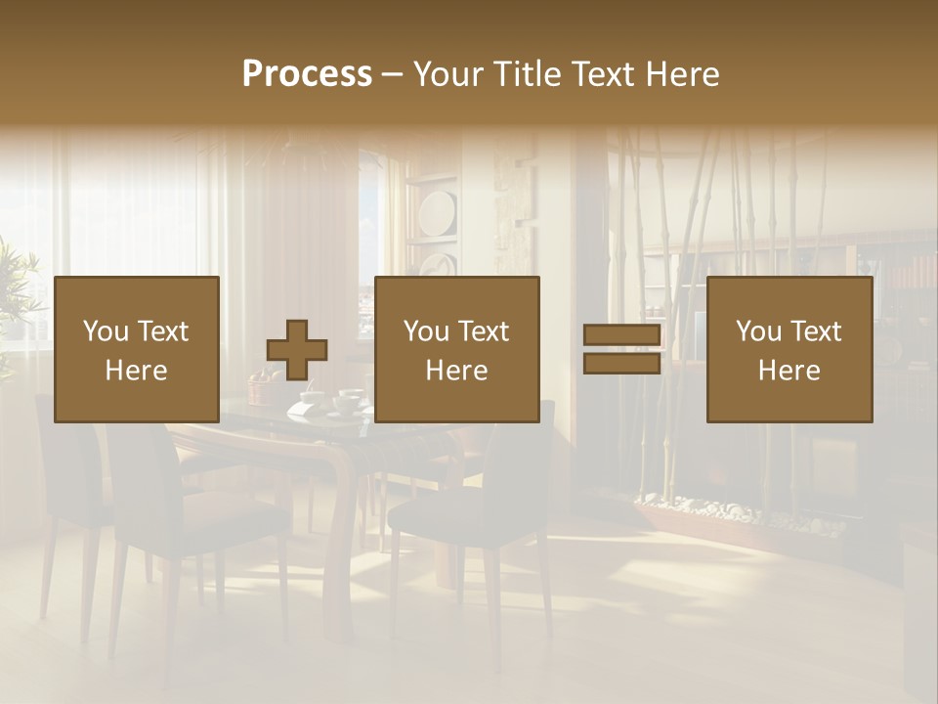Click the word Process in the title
point(307,74)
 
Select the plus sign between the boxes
point(297,350)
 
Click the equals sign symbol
point(621,350)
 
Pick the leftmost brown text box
point(137,350)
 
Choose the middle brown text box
point(457,350)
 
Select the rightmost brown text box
point(789,350)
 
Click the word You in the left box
point(104,331)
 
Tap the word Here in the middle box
point(457,371)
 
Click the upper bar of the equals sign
point(621,335)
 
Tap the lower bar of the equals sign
point(621,364)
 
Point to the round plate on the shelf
point(438,212)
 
